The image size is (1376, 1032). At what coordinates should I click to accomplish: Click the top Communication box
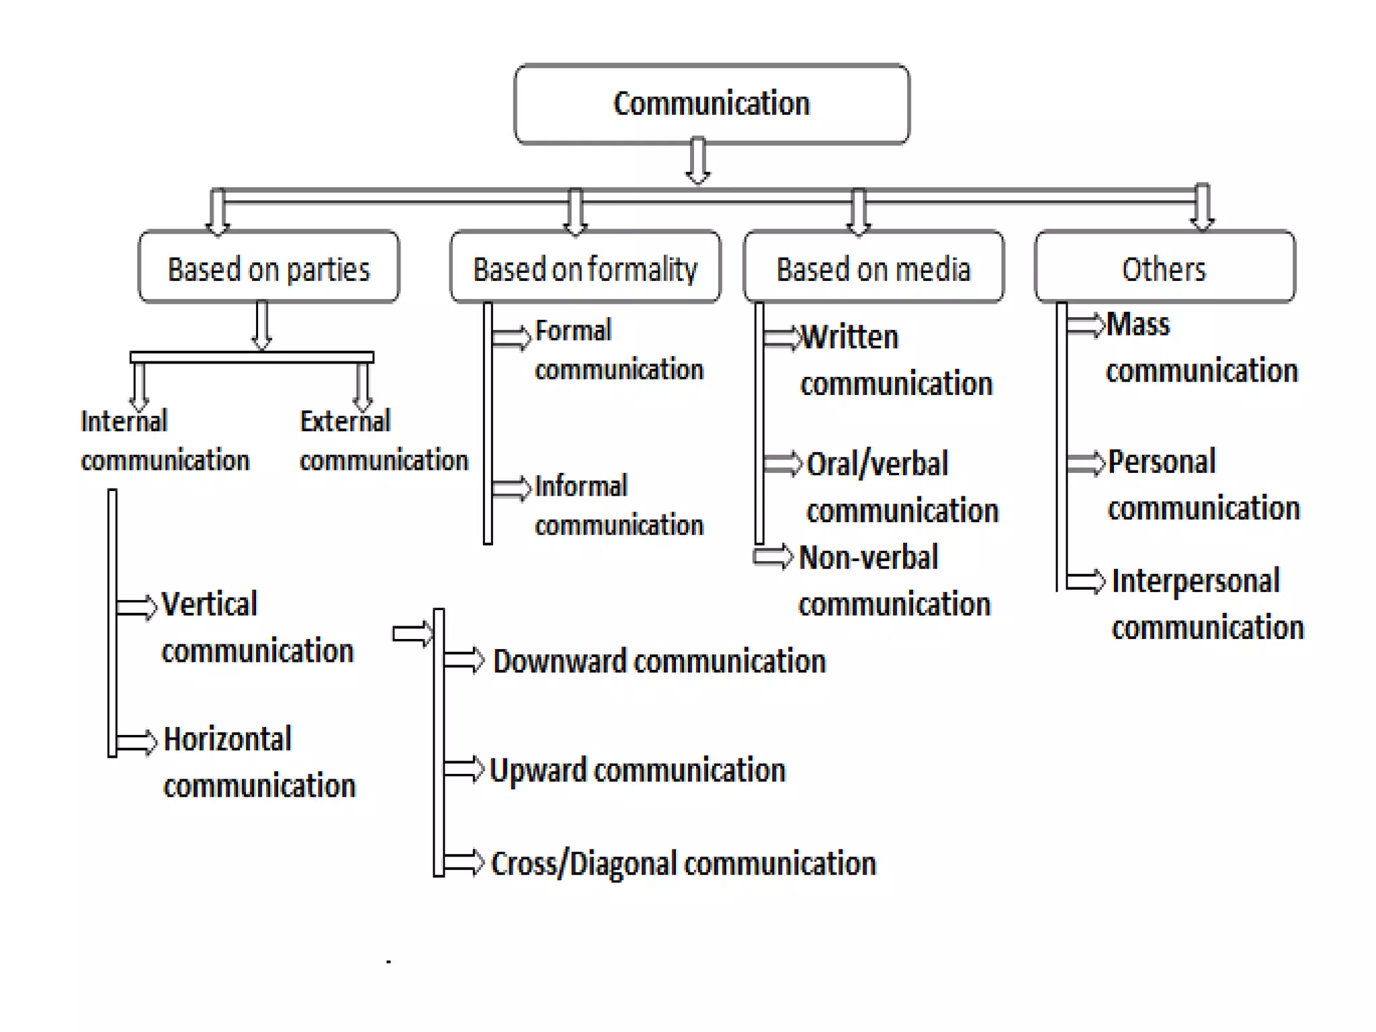pyautogui.click(x=712, y=104)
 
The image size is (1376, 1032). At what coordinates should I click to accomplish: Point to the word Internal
pyautogui.click(x=124, y=422)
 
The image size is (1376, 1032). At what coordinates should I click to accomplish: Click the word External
pyautogui.click(x=345, y=422)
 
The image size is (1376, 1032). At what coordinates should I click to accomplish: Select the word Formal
pyautogui.click(x=573, y=331)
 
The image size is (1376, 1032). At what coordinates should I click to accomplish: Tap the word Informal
pyautogui.click(x=581, y=486)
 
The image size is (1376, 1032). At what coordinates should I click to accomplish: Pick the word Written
pyautogui.click(x=850, y=337)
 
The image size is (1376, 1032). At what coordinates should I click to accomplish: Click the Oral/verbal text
pyautogui.click(x=877, y=464)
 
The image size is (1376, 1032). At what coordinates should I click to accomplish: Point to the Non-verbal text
pyautogui.click(x=868, y=558)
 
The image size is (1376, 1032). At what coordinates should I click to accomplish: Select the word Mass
pyautogui.click(x=1137, y=325)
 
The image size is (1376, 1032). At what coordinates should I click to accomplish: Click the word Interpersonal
pyautogui.click(x=1195, y=581)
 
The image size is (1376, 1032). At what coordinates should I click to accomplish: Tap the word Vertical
pyautogui.click(x=209, y=604)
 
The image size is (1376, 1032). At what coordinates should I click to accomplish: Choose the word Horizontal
pyautogui.click(x=227, y=740)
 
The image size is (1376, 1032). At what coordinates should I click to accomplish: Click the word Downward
pyautogui.click(x=560, y=662)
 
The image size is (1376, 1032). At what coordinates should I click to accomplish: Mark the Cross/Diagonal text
pyautogui.click(x=583, y=864)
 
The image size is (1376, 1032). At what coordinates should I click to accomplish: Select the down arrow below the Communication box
pyautogui.click(x=698, y=161)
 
